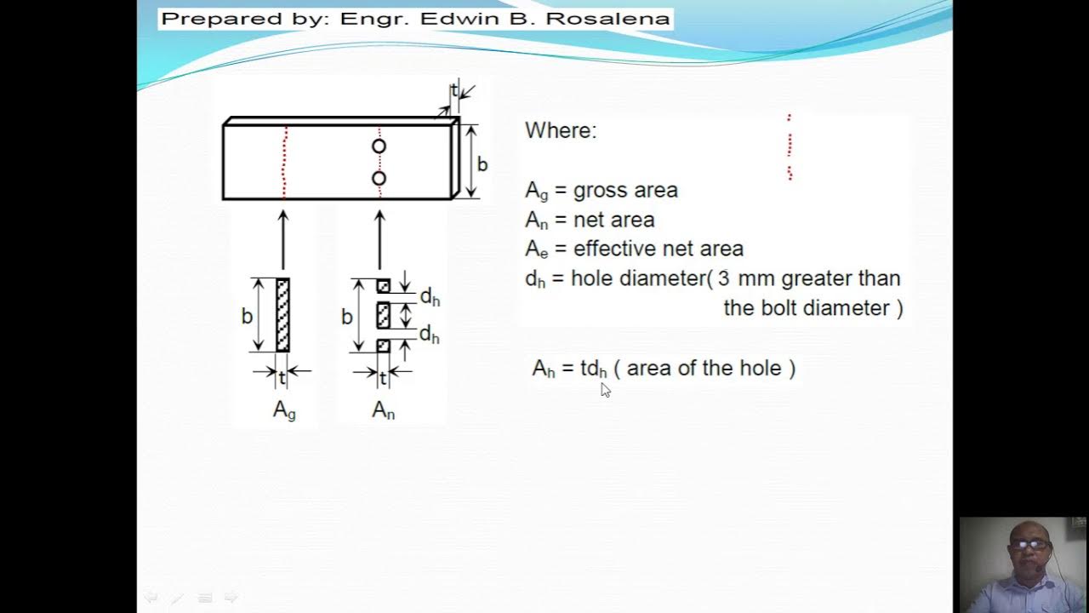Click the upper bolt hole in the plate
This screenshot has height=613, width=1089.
tap(379, 146)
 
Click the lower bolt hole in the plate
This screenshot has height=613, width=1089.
tap(379, 178)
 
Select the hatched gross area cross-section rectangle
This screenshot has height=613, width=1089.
tap(282, 315)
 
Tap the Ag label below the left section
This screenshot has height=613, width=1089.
tap(284, 410)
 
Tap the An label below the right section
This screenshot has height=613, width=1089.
tap(383, 410)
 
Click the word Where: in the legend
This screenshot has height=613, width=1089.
tap(561, 130)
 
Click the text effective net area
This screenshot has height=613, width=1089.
tap(658, 249)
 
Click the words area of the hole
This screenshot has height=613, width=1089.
tap(704, 368)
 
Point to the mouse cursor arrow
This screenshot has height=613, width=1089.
tap(605, 390)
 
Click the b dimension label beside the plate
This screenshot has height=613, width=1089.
tap(482, 164)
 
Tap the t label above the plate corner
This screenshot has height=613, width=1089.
tap(454, 90)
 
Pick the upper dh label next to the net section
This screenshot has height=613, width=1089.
tap(430, 298)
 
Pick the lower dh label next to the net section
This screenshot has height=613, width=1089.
tap(430, 335)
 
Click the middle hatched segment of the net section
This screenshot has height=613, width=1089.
tap(383, 315)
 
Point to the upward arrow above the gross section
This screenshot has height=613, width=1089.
tap(283, 238)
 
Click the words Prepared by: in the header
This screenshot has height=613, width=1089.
tap(245, 19)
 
